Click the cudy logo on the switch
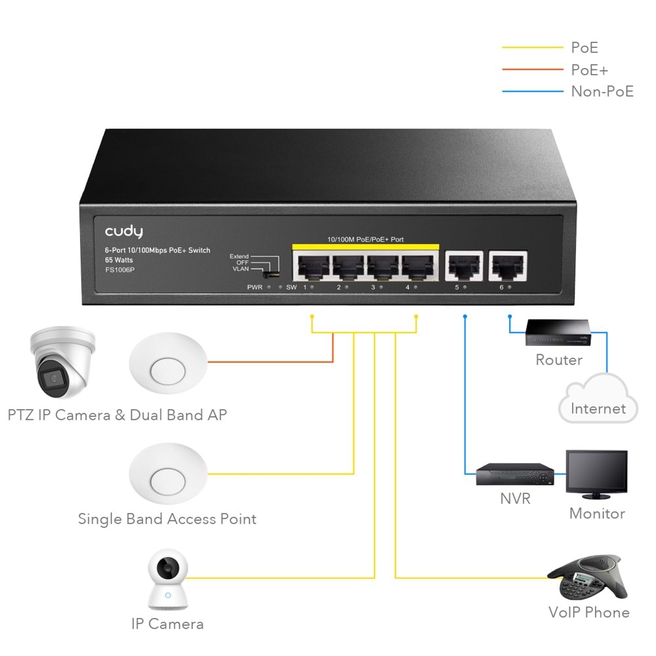point(123,232)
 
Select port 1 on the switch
point(313,266)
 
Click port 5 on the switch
point(464,266)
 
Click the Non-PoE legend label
point(602,91)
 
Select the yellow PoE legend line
point(532,48)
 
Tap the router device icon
point(557,334)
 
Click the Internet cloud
point(598,401)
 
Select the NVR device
point(514,474)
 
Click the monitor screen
point(596,471)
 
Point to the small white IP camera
point(168,579)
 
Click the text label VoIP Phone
point(588,613)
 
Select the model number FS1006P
point(119,270)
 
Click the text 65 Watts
point(119,260)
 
